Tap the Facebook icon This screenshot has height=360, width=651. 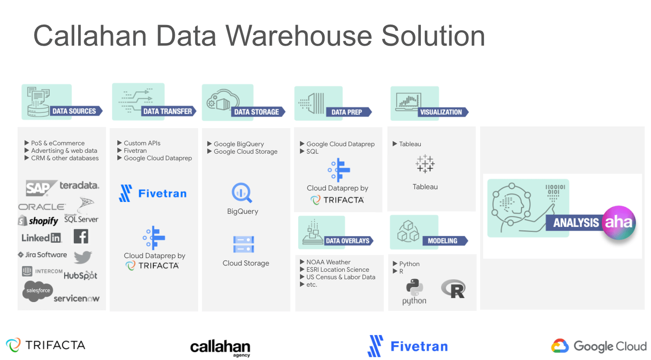click(81, 237)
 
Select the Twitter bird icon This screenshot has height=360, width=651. click(83, 256)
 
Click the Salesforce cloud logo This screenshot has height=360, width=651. click(38, 291)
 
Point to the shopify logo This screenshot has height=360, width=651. click(38, 220)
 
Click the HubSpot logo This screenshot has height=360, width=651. click(80, 275)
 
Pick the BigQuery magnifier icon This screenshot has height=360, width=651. click(242, 193)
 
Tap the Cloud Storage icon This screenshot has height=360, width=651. click(243, 245)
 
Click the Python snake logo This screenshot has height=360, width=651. click(414, 288)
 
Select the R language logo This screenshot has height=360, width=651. click(453, 289)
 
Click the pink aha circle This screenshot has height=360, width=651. click(618, 223)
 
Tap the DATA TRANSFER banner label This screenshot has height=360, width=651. click(168, 112)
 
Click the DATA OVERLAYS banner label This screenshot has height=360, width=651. click(347, 241)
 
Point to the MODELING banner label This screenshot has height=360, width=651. click(442, 241)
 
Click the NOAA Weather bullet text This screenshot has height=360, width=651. click(328, 262)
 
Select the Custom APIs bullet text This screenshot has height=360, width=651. click(142, 143)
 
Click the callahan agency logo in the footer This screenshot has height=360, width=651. click(220, 347)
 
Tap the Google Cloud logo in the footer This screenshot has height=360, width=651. click(599, 346)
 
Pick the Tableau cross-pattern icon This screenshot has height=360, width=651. click(425, 164)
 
